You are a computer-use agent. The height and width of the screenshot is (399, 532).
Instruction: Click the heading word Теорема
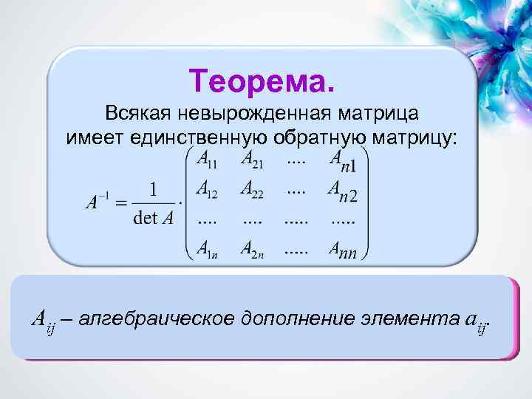(262, 79)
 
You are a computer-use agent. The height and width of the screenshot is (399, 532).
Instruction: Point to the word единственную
(200, 137)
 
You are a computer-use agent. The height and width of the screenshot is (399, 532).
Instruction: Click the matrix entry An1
(343, 158)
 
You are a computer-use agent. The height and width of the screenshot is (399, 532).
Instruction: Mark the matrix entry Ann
(343, 251)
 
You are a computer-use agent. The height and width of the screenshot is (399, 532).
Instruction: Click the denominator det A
(154, 218)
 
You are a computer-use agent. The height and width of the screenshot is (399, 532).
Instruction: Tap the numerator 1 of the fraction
(154, 191)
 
